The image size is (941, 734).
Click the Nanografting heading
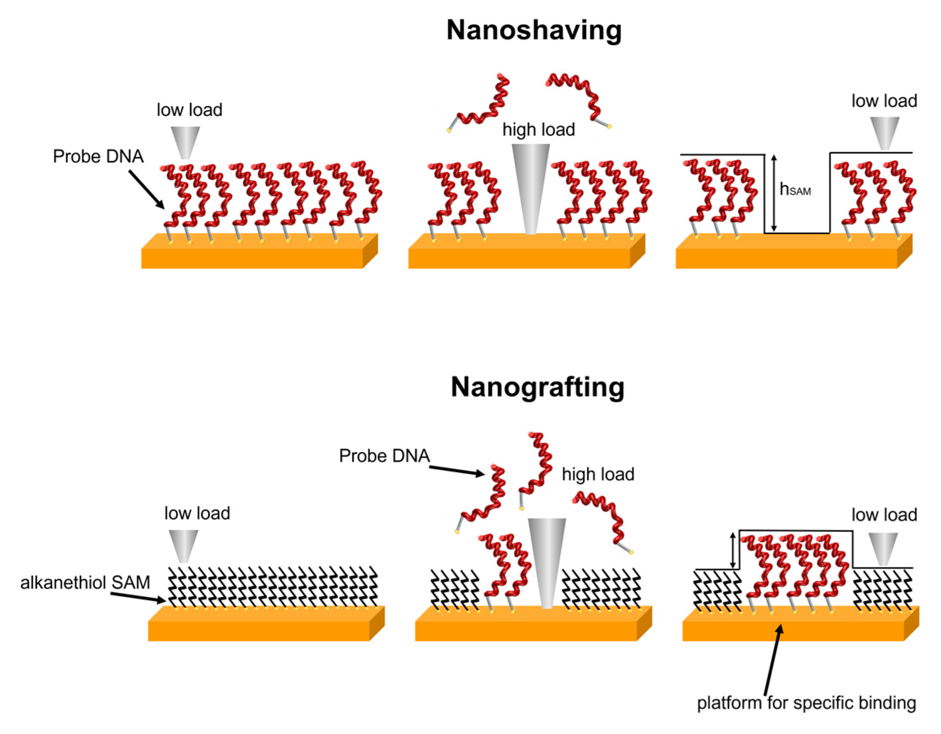537,387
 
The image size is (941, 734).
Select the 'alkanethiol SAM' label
85,582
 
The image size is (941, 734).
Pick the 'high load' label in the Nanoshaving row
539,129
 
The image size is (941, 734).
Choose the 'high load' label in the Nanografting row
598,474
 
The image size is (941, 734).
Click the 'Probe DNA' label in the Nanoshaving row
98,156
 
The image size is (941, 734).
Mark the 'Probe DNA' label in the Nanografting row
384,456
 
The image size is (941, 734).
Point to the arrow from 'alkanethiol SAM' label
138,596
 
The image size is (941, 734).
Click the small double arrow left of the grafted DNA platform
732,550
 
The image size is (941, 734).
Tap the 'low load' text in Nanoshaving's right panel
884,101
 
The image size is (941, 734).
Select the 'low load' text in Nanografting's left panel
197,513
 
